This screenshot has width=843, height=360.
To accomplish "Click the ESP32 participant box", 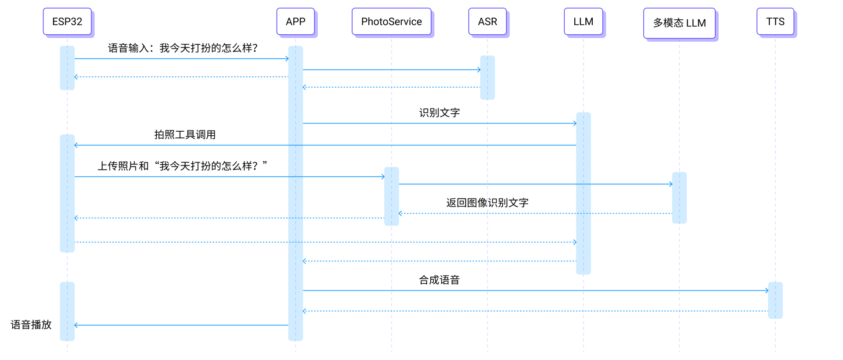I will pos(67,22).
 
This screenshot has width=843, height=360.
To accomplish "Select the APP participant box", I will pos(295,22).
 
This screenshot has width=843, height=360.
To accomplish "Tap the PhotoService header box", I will pos(391,22).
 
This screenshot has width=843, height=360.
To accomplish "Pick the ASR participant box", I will pos(487,22).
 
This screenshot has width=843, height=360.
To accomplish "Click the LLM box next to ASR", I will pos(583,22).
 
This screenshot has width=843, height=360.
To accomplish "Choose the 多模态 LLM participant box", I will pos(679,23).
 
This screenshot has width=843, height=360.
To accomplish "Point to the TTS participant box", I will pos(775,22).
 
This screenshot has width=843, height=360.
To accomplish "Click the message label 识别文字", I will pos(439,113).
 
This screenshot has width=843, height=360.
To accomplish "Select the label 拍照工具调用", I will pos(185,135).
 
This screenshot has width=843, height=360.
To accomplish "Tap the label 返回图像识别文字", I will pos(487,203).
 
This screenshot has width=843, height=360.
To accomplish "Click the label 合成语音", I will pos(439,280).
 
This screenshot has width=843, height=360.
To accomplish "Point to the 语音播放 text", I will pos(31,325).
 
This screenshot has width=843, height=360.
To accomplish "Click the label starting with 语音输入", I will pos(183,48).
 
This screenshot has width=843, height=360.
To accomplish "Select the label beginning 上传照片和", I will pos(182,166).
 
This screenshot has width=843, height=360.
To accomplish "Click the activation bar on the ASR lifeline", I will pos(487,78).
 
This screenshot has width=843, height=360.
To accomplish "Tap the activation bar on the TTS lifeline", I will pos(775,300).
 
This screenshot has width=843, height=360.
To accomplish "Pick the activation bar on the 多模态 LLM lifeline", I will pos(679,198).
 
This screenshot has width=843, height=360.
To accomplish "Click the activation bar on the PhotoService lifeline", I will pos(391,196).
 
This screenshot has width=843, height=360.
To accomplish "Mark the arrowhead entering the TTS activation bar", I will pos(767,291).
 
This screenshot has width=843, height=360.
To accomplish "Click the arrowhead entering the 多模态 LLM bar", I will pos(670,184).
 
